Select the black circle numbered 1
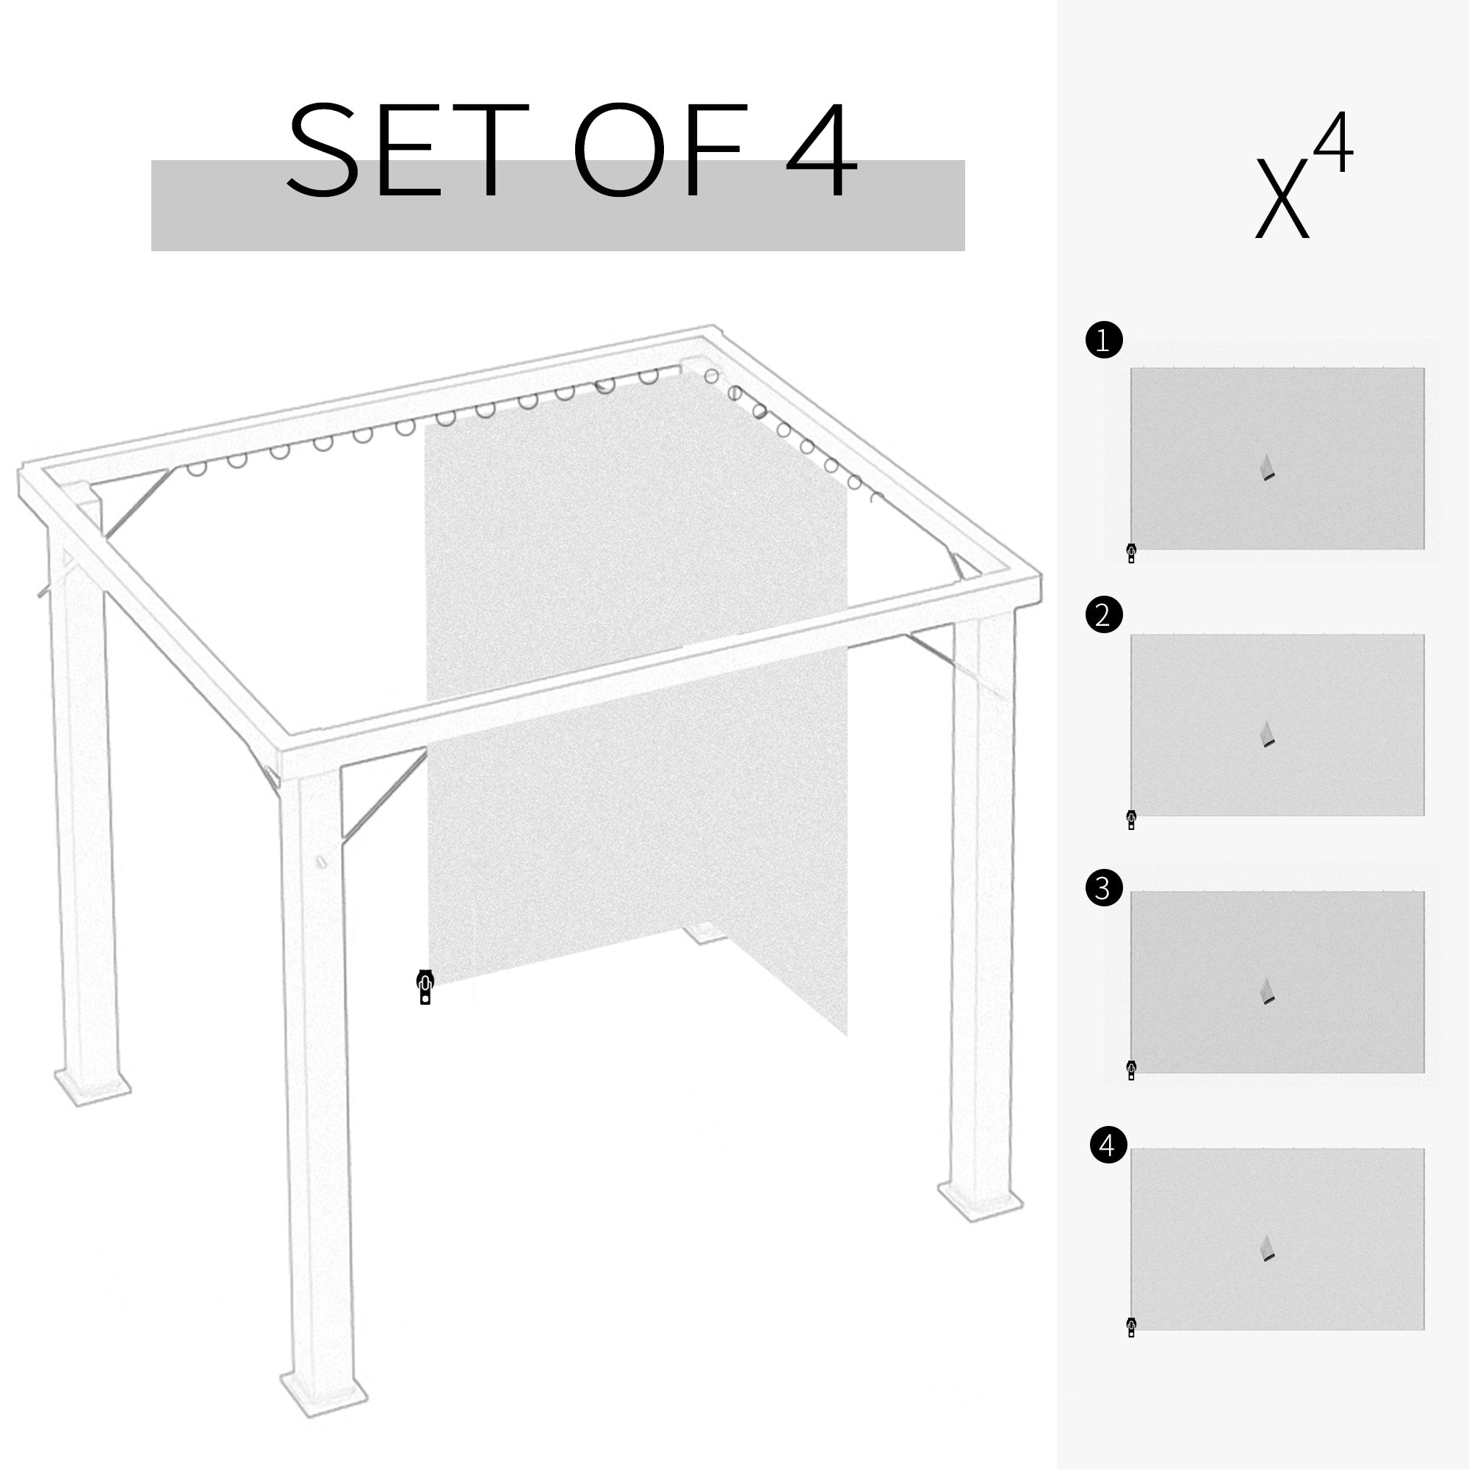coord(1104,340)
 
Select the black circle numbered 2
coord(1104,614)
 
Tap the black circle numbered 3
coord(1104,887)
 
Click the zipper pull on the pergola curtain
coord(425,987)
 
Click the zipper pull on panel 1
coord(1131,553)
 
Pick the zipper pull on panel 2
coord(1131,820)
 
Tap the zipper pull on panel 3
coord(1131,1070)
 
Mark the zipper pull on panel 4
coord(1131,1327)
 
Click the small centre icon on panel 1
coord(1267,468)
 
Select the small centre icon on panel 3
coord(1267,992)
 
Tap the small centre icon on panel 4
coord(1267,1249)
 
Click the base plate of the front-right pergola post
coord(980,1202)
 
